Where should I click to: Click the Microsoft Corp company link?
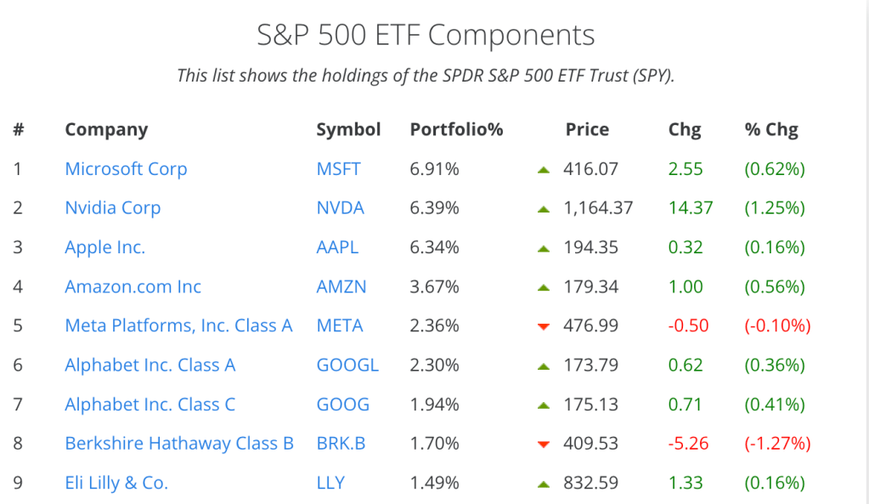pyautogui.click(x=126, y=169)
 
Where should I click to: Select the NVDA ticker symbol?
pyautogui.click(x=340, y=208)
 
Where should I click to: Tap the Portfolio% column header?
pyautogui.click(x=456, y=130)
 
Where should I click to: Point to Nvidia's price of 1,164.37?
pyautogui.click(x=598, y=208)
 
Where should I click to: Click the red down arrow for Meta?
pyautogui.click(x=545, y=327)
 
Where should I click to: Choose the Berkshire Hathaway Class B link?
pyautogui.click(x=179, y=444)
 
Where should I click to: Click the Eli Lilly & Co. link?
pyautogui.click(x=116, y=483)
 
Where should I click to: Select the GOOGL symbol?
pyautogui.click(x=347, y=365)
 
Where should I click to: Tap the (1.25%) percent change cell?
pyautogui.click(x=774, y=208)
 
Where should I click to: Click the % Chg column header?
pyautogui.click(x=771, y=130)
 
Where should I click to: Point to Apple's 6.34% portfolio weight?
pyautogui.click(x=434, y=247)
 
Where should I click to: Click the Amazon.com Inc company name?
pyautogui.click(x=133, y=286)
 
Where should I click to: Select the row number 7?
pyautogui.click(x=18, y=405)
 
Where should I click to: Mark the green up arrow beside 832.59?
pyautogui.click(x=545, y=484)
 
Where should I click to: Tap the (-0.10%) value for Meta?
pyautogui.click(x=777, y=326)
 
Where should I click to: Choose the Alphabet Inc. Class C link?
pyautogui.click(x=150, y=405)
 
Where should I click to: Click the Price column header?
pyautogui.click(x=587, y=130)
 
